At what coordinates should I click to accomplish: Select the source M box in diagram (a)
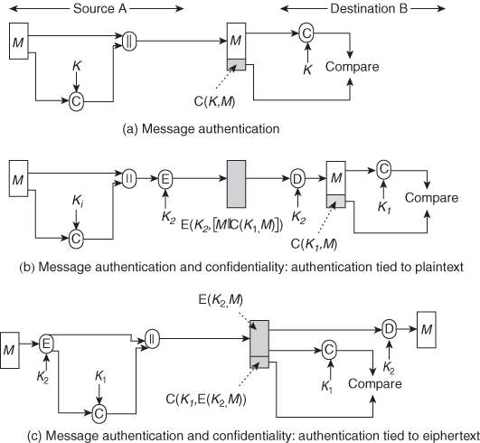pyautogui.click(x=18, y=43)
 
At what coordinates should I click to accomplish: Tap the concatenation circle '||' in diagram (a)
pyautogui.click(x=130, y=39)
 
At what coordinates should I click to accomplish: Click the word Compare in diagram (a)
pyautogui.click(x=353, y=67)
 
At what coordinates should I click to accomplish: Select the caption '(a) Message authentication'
pyautogui.click(x=201, y=128)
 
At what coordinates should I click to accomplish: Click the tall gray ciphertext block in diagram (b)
pyautogui.click(x=236, y=184)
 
